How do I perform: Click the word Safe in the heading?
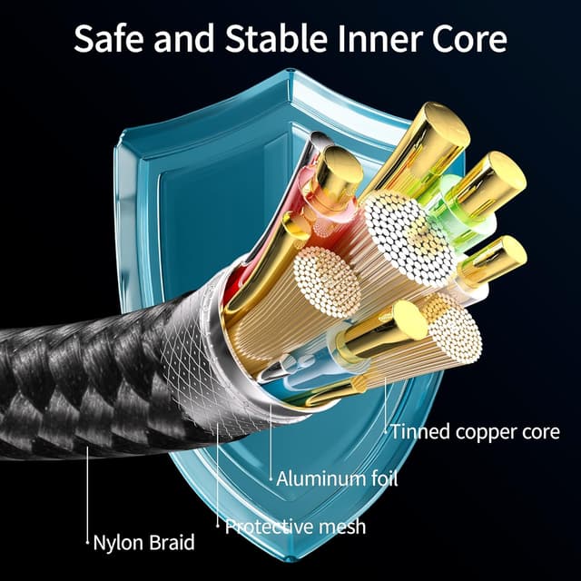coord(108,38)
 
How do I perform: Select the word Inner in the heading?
coord(380,38)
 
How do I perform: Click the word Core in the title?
coord(469,39)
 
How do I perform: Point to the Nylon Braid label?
coord(143,543)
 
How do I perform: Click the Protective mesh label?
coord(295,527)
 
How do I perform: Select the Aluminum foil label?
coord(337,478)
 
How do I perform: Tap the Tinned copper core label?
coord(476,432)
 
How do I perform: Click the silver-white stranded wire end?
coord(409,238)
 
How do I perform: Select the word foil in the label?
coord(384,478)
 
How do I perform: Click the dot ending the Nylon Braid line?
coord(87,543)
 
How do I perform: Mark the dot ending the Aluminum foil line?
coord(271,478)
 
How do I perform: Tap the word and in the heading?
coord(183,38)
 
